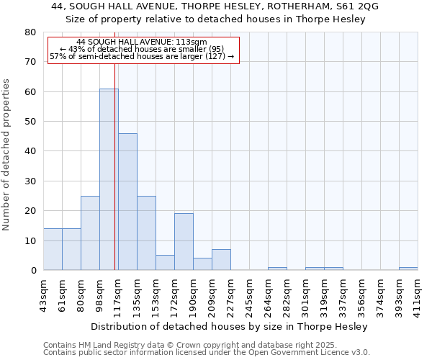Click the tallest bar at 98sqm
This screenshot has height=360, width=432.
click(109, 179)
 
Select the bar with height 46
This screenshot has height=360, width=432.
click(127, 202)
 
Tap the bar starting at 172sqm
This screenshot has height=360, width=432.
click(184, 242)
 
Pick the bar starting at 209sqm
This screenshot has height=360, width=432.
click(221, 260)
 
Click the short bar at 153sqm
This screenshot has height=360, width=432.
click(165, 263)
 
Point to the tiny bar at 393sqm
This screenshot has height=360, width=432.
click(408, 269)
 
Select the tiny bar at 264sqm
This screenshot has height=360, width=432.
click(277, 269)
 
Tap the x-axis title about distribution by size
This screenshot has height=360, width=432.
click(230, 326)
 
